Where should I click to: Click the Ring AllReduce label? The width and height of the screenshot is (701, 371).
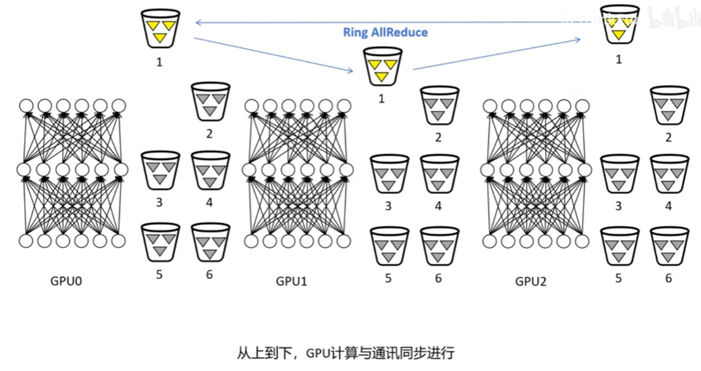pyautogui.click(x=385, y=32)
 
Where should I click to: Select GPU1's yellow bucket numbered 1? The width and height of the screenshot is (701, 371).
pyautogui.click(x=382, y=66)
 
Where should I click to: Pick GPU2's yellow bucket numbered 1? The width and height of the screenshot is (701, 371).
pyautogui.click(x=619, y=25)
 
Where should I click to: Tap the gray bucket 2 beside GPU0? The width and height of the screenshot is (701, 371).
pyautogui.click(x=210, y=102)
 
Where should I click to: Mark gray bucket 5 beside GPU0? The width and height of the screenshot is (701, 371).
pyautogui.click(x=160, y=241)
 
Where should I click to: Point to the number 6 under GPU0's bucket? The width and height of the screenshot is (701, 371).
pyautogui.click(x=210, y=275)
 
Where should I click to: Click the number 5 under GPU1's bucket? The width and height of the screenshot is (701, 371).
pyautogui.click(x=388, y=278)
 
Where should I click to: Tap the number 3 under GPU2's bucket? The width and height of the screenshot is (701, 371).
pyautogui.click(x=619, y=207)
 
